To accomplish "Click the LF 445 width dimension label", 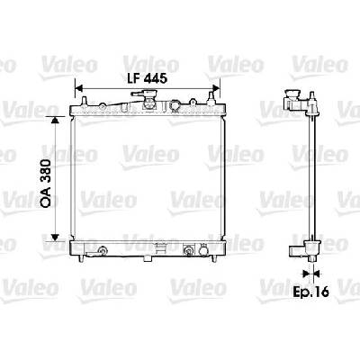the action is point(147,78).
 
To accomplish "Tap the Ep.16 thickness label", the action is point(310,292).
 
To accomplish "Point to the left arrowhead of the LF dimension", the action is point(78,88).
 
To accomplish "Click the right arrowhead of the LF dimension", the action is point(216,88).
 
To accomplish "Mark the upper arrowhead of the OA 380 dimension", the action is point(54,120).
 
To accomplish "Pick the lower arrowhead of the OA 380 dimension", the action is point(54,238).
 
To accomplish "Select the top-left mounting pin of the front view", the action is point(85,101).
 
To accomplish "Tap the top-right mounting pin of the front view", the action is point(211,98).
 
